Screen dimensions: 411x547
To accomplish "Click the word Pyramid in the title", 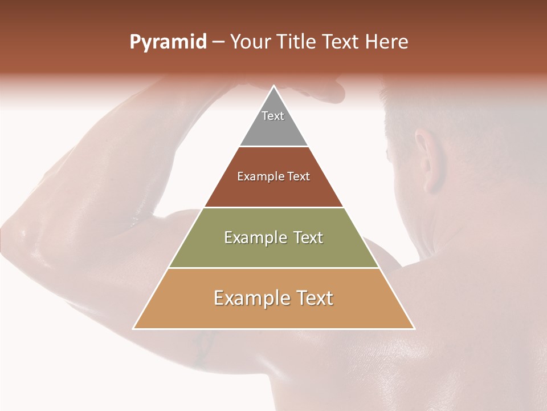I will [168, 42].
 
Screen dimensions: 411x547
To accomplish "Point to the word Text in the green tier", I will [309, 237].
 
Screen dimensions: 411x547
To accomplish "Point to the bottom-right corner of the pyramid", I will [414, 329].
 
